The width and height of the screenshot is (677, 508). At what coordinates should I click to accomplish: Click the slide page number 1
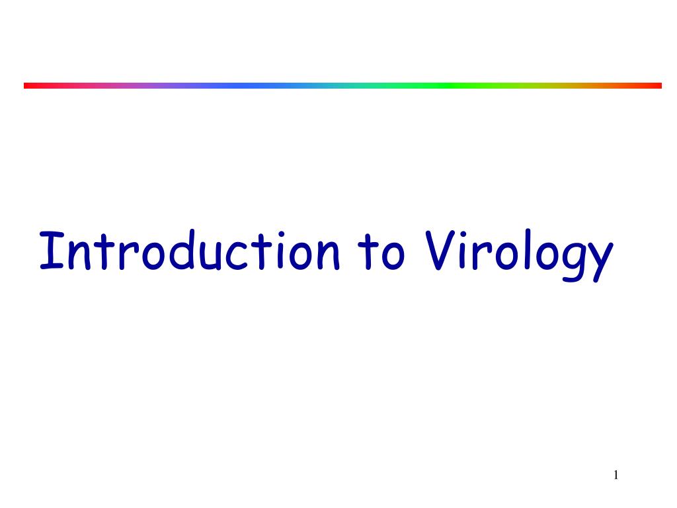click(x=616, y=474)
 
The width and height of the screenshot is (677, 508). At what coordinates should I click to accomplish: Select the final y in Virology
click(x=596, y=261)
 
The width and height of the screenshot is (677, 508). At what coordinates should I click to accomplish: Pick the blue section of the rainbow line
click(x=251, y=85)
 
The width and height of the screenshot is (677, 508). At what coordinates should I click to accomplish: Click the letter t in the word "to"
click(x=368, y=253)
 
